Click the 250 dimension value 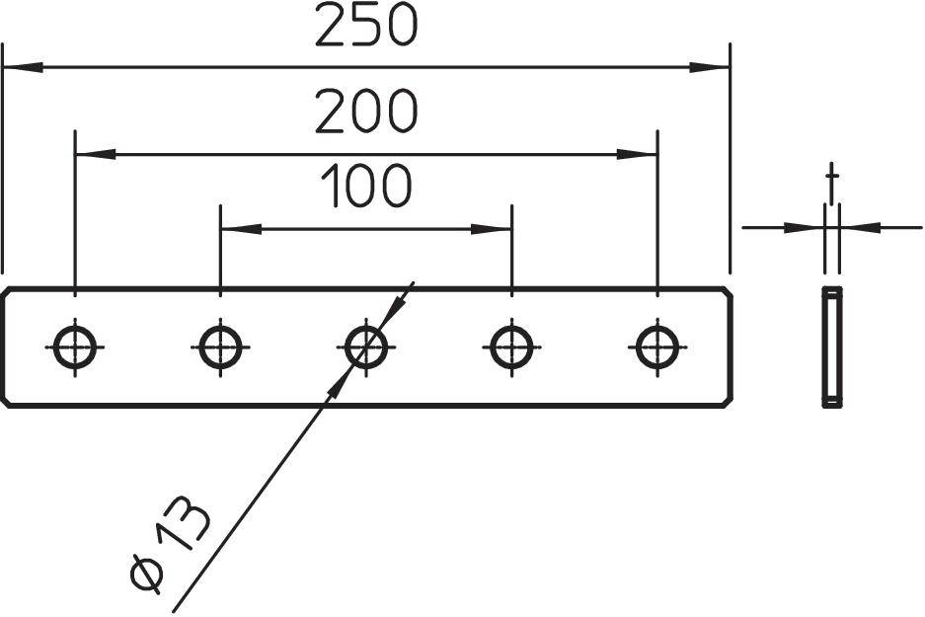coord(366,27)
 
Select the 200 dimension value coord(366,112)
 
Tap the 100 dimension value coord(366,187)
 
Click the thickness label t coord(832,182)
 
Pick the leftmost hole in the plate coord(75,347)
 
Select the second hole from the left coord(220,347)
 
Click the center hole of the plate coord(365,347)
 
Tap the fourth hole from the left coord(510,347)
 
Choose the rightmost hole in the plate coord(655,347)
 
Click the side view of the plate coord(832,347)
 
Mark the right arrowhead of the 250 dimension coord(710,68)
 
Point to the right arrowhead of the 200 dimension coord(637,154)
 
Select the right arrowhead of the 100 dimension coord(491,229)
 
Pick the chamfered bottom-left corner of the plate coord(8,400)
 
